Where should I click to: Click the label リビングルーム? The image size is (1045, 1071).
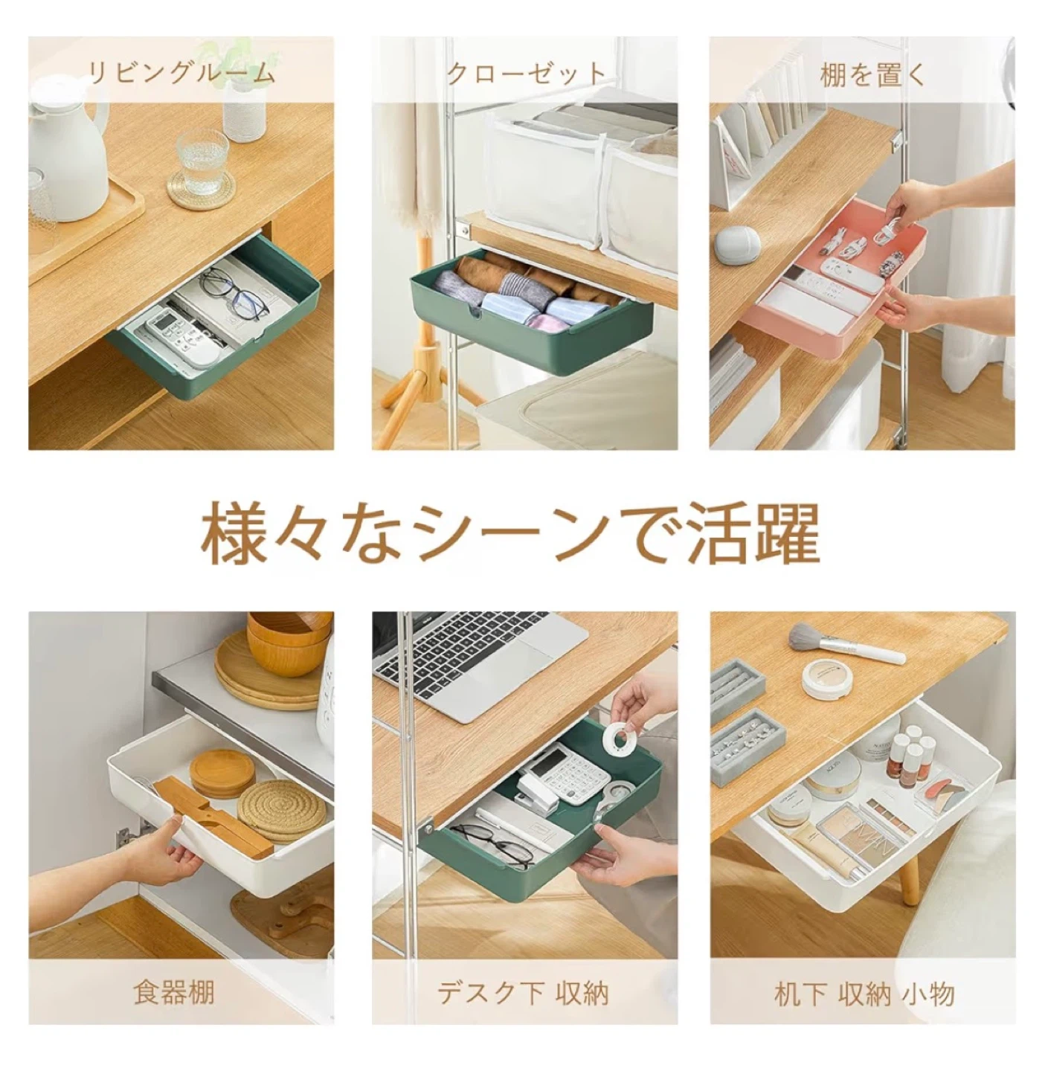pos(181,73)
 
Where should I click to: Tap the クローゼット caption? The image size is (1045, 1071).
pos(526,73)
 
